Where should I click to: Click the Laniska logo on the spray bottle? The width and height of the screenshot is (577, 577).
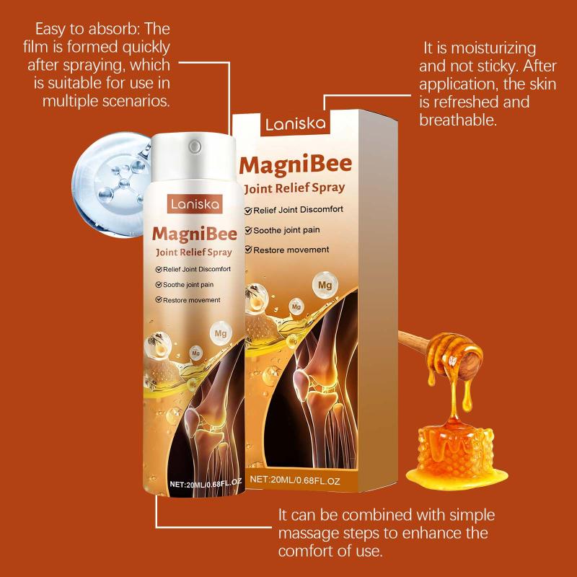195,204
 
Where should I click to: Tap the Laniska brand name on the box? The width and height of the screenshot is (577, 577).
296,124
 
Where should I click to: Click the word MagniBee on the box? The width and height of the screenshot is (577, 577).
296,164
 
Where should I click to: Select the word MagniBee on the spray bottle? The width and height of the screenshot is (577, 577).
195,234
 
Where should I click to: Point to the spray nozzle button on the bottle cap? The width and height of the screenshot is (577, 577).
195,147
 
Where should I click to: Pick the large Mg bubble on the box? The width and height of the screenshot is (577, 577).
325,285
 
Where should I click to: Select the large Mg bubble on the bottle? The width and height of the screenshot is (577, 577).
221,333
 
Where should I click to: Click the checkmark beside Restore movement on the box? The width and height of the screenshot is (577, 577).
248,250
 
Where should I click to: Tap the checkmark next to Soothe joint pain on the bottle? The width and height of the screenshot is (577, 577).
159,284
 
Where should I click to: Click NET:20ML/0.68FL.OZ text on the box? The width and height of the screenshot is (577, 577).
295,480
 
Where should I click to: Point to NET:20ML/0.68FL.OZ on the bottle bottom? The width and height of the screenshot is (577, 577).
206,483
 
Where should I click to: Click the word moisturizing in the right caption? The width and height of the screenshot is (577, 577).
493,48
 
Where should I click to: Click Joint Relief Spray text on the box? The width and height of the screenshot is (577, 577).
295,188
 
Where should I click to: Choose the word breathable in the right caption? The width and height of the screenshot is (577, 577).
458,120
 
